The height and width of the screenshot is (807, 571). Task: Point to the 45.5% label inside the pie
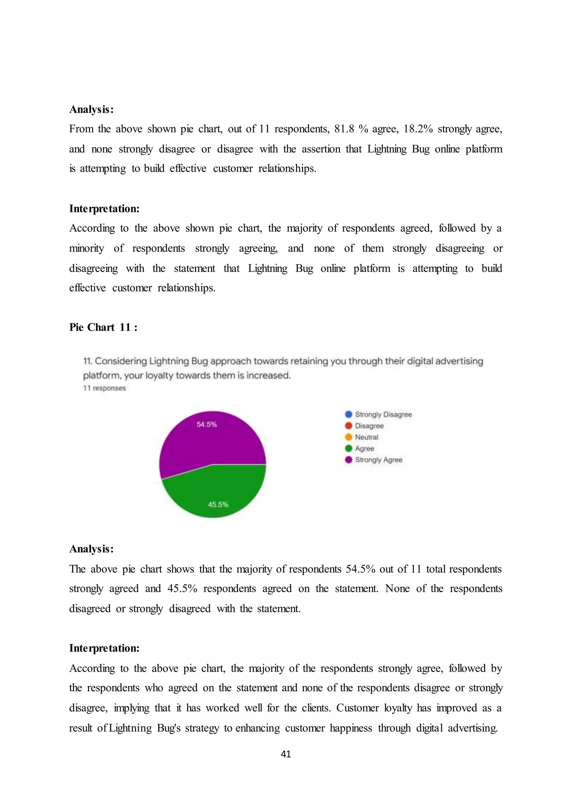pos(218,504)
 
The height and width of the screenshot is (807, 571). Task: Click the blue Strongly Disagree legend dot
pos(349,414)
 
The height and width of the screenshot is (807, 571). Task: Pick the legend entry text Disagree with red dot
pos(369,426)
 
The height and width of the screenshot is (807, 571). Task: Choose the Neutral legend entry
pos(366,437)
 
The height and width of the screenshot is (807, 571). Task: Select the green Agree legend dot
pos(349,448)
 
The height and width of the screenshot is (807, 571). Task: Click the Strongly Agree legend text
pos(379,460)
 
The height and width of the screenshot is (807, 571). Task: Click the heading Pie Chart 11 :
pos(103,327)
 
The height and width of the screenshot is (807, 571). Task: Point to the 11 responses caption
pos(105,388)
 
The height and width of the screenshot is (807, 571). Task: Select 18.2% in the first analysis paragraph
pos(418,129)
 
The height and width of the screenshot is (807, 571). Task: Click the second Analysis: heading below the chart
pos(91,549)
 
